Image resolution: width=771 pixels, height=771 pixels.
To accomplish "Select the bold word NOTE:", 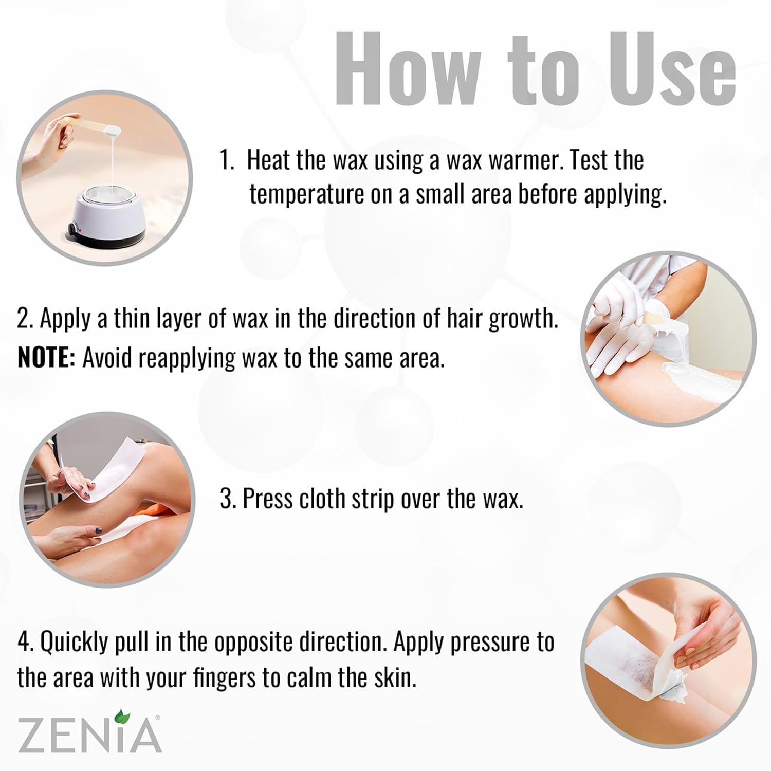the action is [46, 358].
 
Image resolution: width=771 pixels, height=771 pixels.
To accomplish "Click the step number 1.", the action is [226, 160].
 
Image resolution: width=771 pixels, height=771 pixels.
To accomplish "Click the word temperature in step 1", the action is [307, 195].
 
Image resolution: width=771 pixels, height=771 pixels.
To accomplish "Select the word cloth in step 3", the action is [323, 499].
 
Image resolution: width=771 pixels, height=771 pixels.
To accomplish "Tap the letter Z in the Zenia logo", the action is [32, 736].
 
